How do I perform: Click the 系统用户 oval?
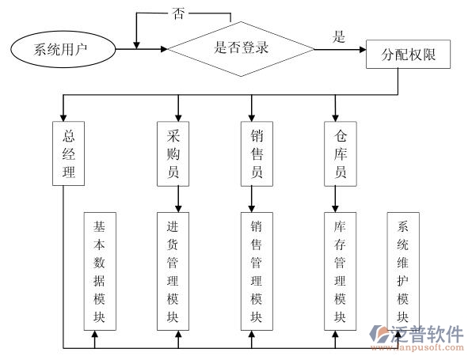pos(61,50)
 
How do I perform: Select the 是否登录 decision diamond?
pos(242,47)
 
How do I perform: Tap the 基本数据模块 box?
pos(100,271)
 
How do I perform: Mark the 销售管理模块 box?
pos(256,271)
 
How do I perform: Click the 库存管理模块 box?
pos(340,271)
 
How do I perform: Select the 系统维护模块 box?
pos(403,271)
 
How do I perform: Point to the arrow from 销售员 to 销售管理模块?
pos(252,199)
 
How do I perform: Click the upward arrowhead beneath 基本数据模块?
pos(95,336)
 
